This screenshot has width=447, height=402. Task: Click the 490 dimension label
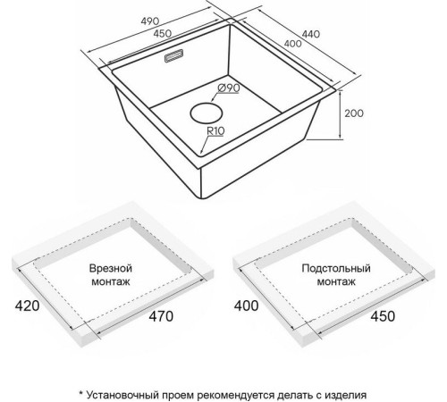[x=150, y=21]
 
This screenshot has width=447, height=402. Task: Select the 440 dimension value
[x=311, y=34]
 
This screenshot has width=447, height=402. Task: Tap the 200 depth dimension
[x=354, y=113]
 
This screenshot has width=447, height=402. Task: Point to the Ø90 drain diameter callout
[x=229, y=88]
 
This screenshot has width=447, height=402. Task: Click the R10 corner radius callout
[x=215, y=130]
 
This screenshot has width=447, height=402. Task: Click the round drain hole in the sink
[x=207, y=113]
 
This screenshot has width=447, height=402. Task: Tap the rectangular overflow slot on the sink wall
[x=174, y=56]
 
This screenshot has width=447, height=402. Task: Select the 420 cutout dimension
[x=27, y=306]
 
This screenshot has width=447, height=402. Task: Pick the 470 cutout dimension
[x=161, y=316]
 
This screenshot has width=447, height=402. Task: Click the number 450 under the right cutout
[x=383, y=316]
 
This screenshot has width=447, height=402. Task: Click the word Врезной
[x=111, y=268]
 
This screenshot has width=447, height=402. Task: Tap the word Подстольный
[x=336, y=268]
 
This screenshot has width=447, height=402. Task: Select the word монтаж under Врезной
[x=111, y=281]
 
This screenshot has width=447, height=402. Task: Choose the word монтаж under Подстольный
[x=336, y=281]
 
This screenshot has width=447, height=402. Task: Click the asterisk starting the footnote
[x=80, y=393]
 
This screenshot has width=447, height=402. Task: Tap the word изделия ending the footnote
[x=345, y=396]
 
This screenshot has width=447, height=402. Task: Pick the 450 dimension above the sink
[x=163, y=33]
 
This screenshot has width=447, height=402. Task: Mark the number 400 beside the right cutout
[x=246, y=306]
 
